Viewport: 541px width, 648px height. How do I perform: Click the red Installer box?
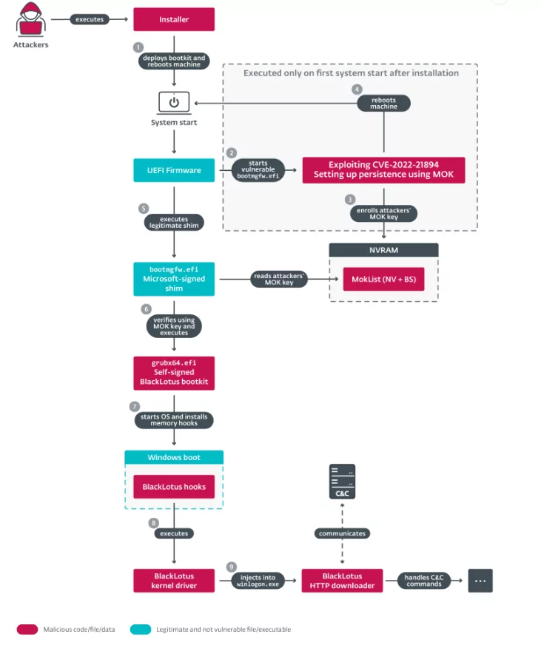pyautogui.click(x=174, y=19)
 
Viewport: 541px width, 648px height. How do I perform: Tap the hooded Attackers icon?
pyautogui.click(x=30, y=19)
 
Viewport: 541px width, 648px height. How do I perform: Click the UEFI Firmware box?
pyautogui.click(x=174, y=170)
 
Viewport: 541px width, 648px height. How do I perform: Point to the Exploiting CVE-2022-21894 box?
pyautogui.click(x=383, y=170)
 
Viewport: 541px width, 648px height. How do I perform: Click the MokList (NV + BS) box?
pyautogui.click(x=383, y=279)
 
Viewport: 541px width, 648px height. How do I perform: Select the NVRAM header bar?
pyautogui.click(x=383, y=250)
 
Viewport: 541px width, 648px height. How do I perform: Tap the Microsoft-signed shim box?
pyautogui.click(x=174, y=279)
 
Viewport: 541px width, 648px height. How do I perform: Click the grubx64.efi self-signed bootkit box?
pyautogui.click(x=174, y=373)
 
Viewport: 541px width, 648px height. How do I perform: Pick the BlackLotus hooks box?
pyautogui.click(x=174, y=487)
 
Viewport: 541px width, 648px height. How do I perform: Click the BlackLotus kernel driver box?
pyautogui.click(x=174, y=581)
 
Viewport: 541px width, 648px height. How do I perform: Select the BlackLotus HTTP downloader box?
pyautogui.click(x=342, y=581)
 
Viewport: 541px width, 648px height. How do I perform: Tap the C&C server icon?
pyautogui.click(x=342, y=482)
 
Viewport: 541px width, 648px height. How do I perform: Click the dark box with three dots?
pyautogui.click(x=480, y=581)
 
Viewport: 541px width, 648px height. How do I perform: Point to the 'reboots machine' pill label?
pyautogui.click(x=383, y=104)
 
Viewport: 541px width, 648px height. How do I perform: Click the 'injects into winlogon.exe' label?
pyautogui.click(x=258, y=581)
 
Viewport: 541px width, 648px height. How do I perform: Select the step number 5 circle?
pyautogui.click(x=144, y=209)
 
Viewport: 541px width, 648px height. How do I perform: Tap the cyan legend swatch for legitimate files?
pyautogui.click(x=141, y=630)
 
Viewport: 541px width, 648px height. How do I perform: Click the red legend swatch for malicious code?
pyautogui.click(x=27, y=630)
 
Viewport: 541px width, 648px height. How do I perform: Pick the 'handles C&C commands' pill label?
pyautogui.click(x=424, y=581)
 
